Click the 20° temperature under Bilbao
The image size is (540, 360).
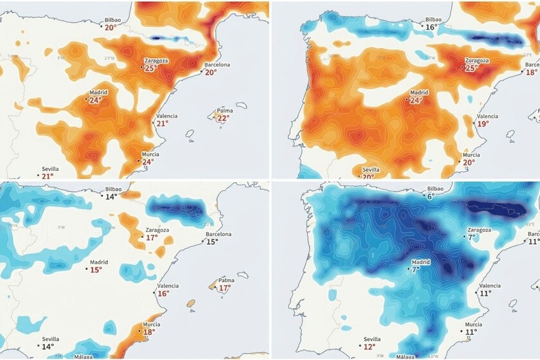pos(111,28)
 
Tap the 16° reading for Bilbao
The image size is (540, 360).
pos(432,28)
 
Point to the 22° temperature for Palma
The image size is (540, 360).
pos(222,118)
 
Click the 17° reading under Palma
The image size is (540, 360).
pos(224,288)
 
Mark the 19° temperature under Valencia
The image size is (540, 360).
pos(483,123)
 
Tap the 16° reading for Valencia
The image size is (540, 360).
pos(163,293)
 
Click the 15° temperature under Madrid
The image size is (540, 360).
pos(96,270)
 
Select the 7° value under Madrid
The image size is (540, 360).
pos(416,270)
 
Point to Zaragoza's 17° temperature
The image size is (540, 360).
pos(152,238)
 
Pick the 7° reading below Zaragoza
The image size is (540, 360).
pos(472,237)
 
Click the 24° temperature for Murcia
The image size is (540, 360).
pos(148,162)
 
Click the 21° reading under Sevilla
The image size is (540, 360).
pos(47,176)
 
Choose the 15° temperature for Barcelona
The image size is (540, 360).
pos(212,242)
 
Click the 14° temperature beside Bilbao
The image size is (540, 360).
pos(111,197)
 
